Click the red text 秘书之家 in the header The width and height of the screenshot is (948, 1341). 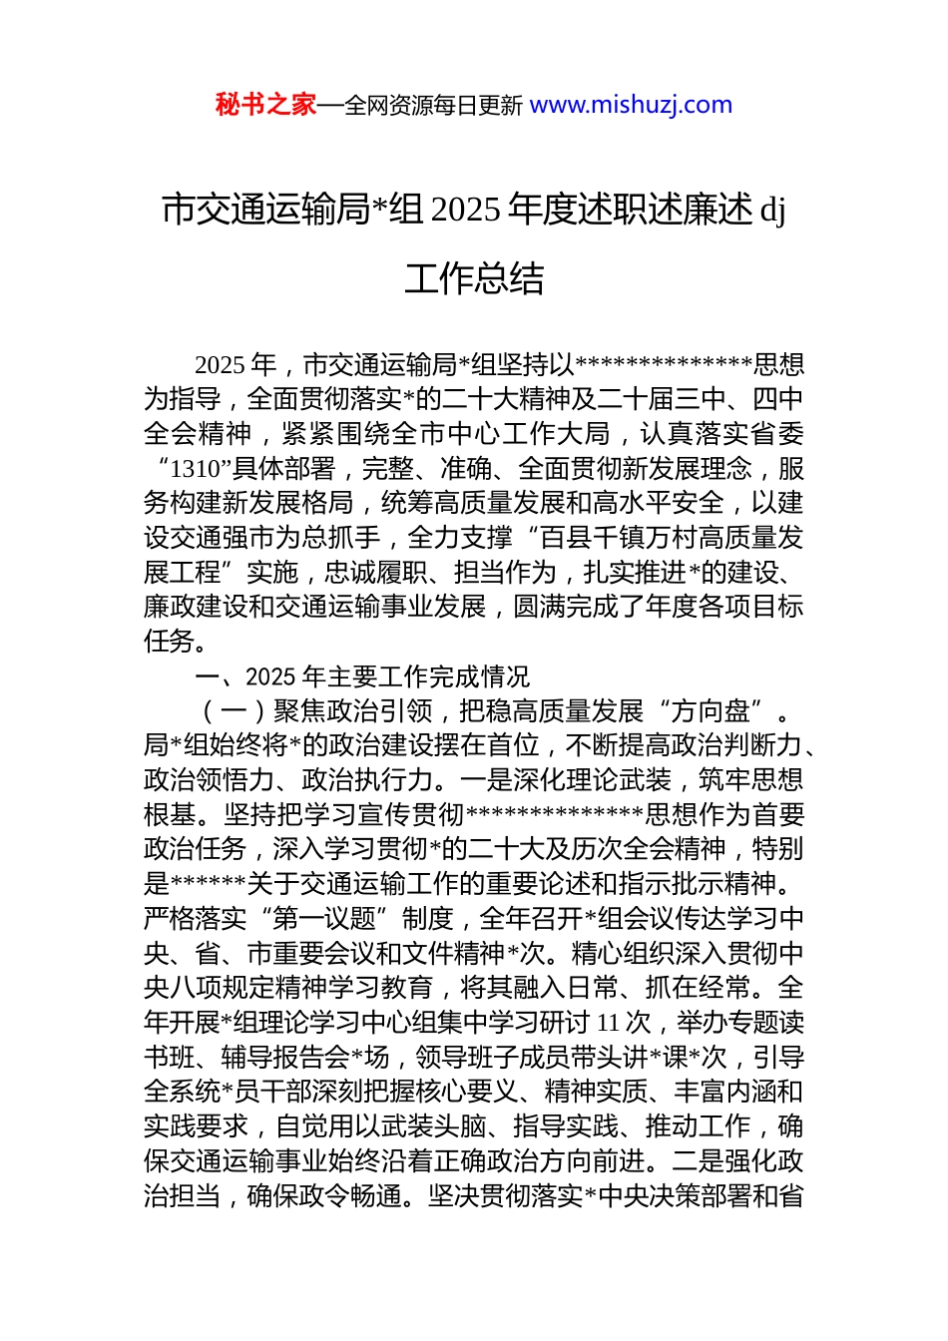tap(265, 105)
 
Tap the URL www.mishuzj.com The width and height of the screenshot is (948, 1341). tap(631, 105)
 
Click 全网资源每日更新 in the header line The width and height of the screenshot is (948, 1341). tap(433, 106)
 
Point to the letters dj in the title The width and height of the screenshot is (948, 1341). tap(773, 211)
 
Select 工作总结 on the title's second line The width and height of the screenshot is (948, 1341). tap(474, 278)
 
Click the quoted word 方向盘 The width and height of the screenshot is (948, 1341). tap(711, 711)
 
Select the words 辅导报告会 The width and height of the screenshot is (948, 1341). tap(285, 1057)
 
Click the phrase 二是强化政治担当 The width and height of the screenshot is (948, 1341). tap(738, 1161)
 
